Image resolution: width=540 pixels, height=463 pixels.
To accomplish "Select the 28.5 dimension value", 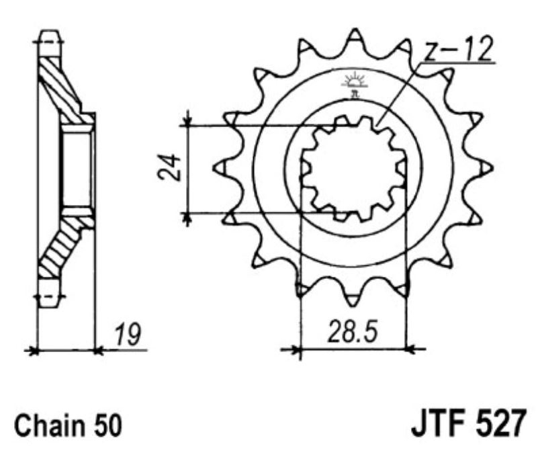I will (353, 331).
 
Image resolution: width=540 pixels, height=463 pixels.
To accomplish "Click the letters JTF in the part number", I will (437, 425).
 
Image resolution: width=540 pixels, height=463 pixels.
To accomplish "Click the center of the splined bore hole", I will (353, 168).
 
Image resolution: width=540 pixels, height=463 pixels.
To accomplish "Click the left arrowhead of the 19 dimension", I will (30, 350).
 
